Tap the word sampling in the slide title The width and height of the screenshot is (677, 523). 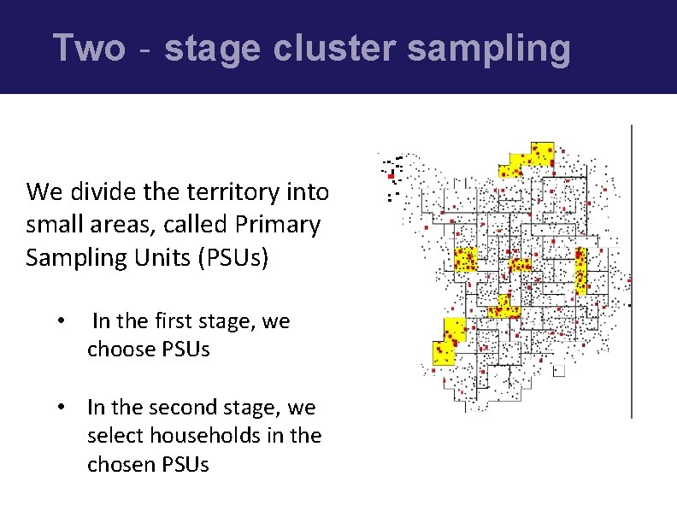(488, 49)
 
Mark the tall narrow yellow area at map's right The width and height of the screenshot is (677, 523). (581, 270)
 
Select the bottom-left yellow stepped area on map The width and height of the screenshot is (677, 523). (446, 341)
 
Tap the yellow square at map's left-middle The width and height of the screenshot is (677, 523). (466, 260)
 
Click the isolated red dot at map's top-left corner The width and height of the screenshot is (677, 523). (391, 176)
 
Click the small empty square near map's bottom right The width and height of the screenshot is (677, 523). (559, 371)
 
